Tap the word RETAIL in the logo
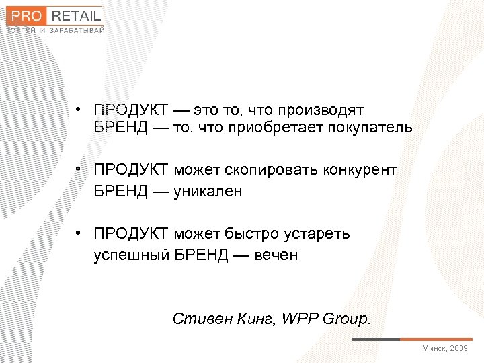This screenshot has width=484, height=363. point(76,15)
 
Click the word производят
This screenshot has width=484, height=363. point(320,110)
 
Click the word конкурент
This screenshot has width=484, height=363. point(363,170)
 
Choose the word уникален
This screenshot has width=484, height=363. point(208,192)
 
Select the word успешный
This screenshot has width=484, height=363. point(131,255)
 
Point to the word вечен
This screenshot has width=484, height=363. point(276,255)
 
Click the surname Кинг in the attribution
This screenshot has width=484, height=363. point(250,318)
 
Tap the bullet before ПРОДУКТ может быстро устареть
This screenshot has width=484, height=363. point(79,234)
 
